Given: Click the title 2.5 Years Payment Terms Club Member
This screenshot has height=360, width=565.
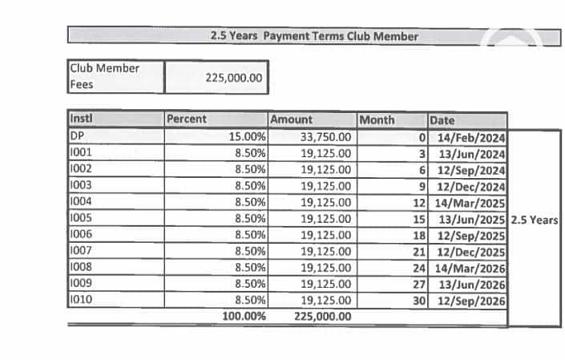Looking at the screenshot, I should click(x=313, y=36).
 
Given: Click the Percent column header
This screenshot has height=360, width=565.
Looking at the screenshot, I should click(x=187, y=119).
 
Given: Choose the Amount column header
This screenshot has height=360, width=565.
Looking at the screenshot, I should click(x=292, y=119).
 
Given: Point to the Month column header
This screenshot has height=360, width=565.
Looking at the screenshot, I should click(x=377, y=119).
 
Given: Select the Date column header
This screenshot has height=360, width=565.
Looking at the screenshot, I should click(x=442, y=120).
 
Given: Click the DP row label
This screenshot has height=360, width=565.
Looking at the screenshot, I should click(x=78, y=136).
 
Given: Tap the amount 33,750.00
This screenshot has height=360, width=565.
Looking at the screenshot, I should click(x=325, y=136).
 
